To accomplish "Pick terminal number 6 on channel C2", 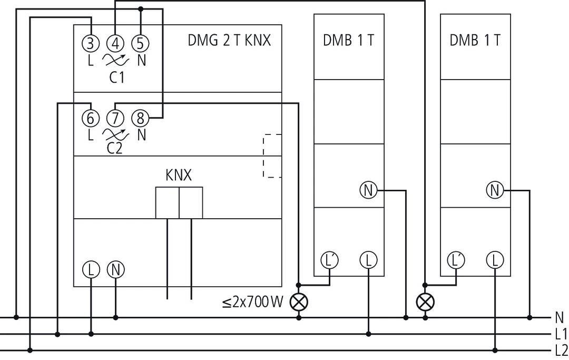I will (x=91, y=118).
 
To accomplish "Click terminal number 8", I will (x=140, y=118).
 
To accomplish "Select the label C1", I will (x=116, y=78).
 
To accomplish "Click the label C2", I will (x=114, y=148).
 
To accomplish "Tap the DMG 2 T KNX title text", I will (x=229, y=41).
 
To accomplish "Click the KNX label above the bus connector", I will (x=179, y=176).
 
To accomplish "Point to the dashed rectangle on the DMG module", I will (x=272, y=156).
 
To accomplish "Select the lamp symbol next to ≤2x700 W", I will (x=299, y=302).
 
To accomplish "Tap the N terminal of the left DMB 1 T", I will (x=368, y=190).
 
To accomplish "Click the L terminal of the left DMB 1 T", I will (x=368, y=260).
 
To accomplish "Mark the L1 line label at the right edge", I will (x=561, y=334).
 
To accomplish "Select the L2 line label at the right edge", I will (x=561, y=350).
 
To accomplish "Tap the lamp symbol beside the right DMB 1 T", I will (x=424, y=302).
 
